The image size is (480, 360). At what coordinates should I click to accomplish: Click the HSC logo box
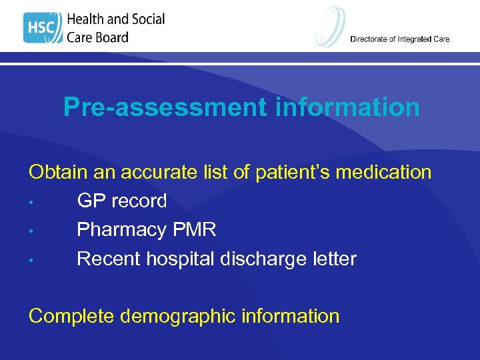42,28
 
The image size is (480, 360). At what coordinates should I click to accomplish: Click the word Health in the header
89,19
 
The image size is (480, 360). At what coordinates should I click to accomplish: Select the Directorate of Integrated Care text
399,39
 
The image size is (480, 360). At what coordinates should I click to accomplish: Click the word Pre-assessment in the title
167,107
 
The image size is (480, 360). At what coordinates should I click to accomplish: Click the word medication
383,172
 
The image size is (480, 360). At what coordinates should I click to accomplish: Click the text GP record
122,201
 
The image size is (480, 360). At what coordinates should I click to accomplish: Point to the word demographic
177,316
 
